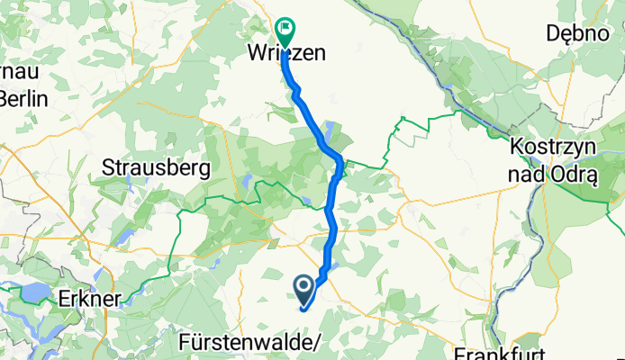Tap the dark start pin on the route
tap(303, 288)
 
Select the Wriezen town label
tap(285, 54)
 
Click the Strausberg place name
tap(156, 167)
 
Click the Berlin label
tap(24, 99)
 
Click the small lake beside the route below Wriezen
tap(331, 129)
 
